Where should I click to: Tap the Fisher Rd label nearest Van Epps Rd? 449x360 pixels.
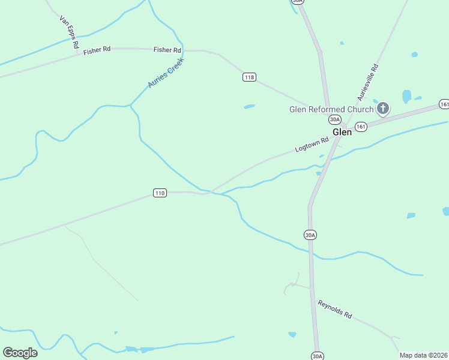point(97,51)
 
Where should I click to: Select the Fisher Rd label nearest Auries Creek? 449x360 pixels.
point(167,50)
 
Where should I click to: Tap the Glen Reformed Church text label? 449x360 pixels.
point(331,109)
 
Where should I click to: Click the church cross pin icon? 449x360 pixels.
point(383,109)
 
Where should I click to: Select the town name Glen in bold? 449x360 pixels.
point(342,132)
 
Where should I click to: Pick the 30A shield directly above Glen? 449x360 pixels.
point(335,119)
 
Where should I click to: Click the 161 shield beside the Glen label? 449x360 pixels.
point(361,127)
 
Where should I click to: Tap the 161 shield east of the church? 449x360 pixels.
point(444,104)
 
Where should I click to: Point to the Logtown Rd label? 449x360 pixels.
point(313,145)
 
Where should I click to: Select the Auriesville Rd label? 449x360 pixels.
point(367,82)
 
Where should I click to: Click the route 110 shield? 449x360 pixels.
point(159,193)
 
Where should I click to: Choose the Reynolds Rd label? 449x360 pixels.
point(334,309)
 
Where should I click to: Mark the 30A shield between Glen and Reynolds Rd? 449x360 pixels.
point(310,235)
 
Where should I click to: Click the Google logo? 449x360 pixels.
point(20,353)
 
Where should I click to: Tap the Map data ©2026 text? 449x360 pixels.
point(423,355)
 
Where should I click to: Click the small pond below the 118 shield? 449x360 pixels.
point(249,107)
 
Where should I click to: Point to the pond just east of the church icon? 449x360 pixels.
point(406,95)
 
